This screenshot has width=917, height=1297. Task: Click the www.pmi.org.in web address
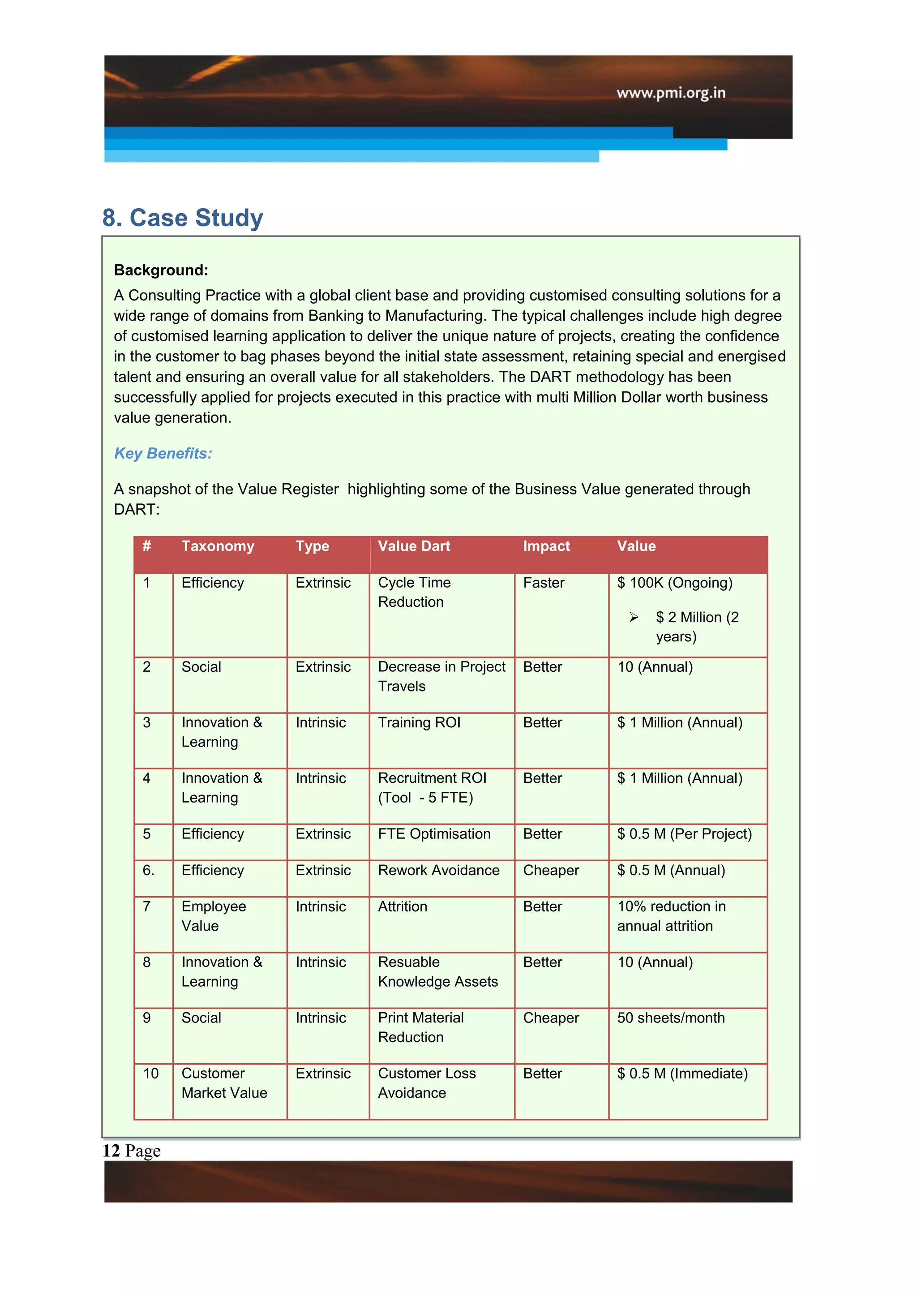pyautogui.click(x=670, y=93)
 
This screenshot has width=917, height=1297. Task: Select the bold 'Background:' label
pyautogui.click(x=161, y=270)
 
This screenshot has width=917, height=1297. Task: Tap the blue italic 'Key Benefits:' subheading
pyautogui.click(x=163, y=453)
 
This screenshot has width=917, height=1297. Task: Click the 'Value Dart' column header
pyautogui.click(x=413, y=546)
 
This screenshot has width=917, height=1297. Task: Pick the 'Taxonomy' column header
pyautogui.click(x=218, y=546)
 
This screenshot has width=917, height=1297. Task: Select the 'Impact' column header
pyautogui.click(x=545, y=546)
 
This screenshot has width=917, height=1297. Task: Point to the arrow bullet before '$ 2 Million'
pyautogui.click(x=634, y=618)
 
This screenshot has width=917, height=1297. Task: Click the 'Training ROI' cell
pyautogui.click(x=419, y=722)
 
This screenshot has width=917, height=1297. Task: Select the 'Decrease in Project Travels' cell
pyautogui.click(x=441, y=676)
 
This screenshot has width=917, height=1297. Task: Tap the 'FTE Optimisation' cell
pyautogui.click(x=434, y=834)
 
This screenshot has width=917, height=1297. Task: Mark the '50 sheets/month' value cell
pyautogui.click(x=670, y=1018)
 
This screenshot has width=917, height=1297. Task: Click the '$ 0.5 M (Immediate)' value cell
pyautogui.click(x=681, y=1074)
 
